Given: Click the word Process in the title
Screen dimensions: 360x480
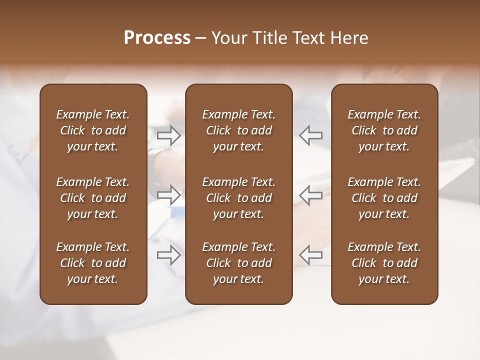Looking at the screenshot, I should tap(157, 38).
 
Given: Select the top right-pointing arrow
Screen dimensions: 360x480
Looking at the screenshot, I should tap(169, 135).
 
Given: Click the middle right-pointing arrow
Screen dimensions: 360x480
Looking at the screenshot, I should tap(169, 194).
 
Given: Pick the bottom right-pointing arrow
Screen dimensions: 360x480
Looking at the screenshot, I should tap(169, 255).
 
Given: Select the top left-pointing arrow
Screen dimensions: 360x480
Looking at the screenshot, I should tap(311, 135).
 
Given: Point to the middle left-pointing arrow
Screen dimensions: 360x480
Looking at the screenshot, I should tap(311, 194).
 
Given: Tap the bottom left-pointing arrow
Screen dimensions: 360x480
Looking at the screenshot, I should tap(311, 255).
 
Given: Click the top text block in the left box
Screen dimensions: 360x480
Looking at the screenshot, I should tap(93, 130).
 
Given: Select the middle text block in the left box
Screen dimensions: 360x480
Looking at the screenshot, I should tap(93, 198).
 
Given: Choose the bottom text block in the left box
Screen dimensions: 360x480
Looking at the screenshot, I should tap(93, 263).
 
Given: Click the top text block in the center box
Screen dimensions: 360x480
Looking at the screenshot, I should tap(238, 130).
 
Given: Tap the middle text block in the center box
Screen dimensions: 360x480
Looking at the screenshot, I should tap(238, 198).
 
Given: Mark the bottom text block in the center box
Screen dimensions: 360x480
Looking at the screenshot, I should tap(238, 263).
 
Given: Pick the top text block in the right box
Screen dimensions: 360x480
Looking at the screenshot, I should tap(384, 130).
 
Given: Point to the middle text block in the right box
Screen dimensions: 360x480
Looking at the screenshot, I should tap(384, 198).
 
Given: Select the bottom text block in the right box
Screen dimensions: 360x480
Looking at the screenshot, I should tap(384, 263).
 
